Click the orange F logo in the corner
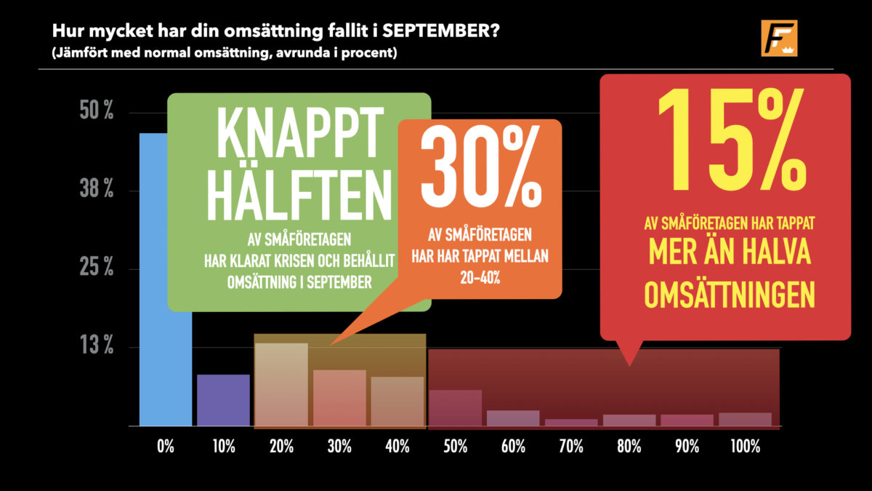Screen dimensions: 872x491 point(779,38)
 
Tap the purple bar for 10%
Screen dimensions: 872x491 point(223,400)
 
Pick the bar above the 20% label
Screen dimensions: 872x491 point(281,385)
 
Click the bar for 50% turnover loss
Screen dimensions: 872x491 point(455,408)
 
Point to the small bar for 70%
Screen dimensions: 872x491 point(571,423)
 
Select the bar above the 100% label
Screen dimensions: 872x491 point(745,419)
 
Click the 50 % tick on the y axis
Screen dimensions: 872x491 point(97,111)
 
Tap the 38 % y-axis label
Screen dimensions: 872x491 point(97,189)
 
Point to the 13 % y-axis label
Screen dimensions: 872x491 point(97,346)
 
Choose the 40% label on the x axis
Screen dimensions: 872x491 point(397,447)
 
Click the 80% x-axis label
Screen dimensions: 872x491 point(629,447)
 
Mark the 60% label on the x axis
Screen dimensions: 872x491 point(513,447)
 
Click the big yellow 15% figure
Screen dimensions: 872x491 point(732,140)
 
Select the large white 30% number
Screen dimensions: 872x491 point(481,167)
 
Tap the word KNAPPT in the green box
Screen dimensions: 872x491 point(299,132)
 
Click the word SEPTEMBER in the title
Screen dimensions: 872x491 point(440,31)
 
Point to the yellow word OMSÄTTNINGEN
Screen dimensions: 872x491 point(730,295)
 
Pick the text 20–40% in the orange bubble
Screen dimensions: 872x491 point(480,278)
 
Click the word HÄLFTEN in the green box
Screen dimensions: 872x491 point(299,196)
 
